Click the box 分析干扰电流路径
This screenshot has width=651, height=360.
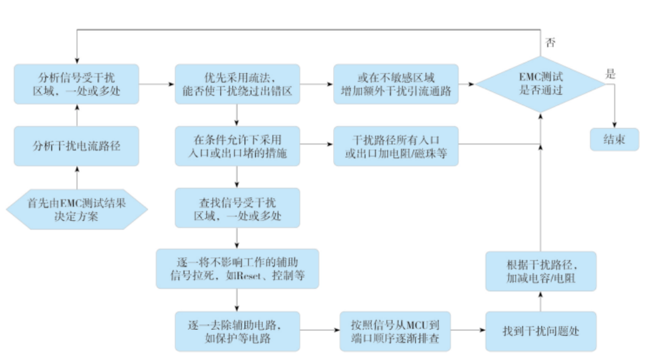[76, 146]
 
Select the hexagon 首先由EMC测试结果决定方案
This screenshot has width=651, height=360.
[76, 210]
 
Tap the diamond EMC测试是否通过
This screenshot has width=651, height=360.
[540, 85]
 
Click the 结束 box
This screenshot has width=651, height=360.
[614, 140]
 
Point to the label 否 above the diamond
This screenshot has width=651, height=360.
[549, 43]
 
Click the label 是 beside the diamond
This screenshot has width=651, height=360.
[611, 74]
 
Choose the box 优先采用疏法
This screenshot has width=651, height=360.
[237, 85]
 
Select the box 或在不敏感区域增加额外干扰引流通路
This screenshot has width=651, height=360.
[396, 85]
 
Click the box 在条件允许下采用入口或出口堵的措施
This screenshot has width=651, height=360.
[237, 146]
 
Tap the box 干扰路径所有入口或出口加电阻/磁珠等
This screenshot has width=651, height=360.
[396, 146]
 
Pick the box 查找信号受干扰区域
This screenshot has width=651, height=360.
[237, 208]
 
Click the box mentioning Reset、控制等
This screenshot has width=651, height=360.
[237, 269]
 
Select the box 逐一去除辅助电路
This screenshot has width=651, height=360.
[237, 331]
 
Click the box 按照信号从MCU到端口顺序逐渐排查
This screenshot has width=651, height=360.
[396, 331]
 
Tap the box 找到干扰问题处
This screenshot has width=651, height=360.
[540, 331]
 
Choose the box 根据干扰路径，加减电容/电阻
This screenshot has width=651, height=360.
[540, 271]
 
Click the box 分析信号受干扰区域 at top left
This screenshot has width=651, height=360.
[76, 85]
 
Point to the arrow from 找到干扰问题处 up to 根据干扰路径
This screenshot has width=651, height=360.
[540, 301]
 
